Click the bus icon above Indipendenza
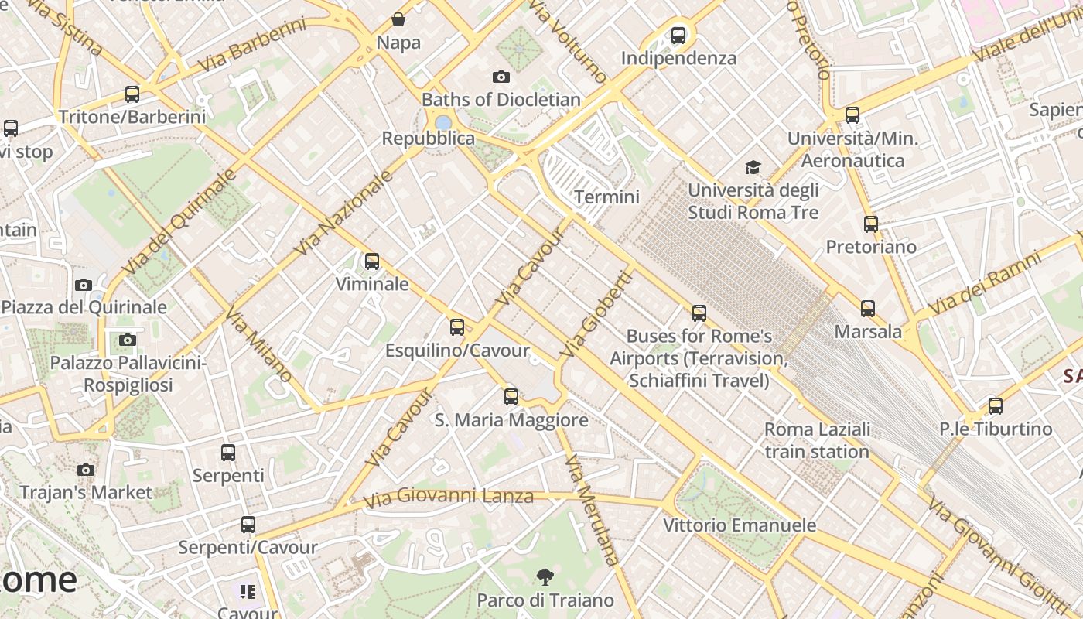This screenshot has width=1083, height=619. coord(678,35)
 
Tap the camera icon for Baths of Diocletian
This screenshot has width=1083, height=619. coord(501,77)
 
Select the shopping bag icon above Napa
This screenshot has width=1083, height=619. coord(398,19)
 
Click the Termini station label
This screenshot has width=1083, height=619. coord(606,197)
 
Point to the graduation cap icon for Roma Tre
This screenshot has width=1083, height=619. coord(753,167)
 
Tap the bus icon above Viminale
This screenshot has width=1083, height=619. coord(372,262)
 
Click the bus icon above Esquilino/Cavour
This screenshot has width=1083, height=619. coord(457,327)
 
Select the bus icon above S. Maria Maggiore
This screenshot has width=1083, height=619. coord(511,397)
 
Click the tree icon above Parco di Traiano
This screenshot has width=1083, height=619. coord(545,576)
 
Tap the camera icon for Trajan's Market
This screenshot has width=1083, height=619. coord(86,470)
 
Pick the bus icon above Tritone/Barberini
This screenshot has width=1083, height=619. coord(132,94)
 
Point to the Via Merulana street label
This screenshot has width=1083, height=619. coord(593,511)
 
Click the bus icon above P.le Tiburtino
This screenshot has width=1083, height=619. coord(996,405)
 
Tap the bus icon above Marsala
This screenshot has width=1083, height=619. coord(868,309)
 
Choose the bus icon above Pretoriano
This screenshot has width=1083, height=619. coord(871,224)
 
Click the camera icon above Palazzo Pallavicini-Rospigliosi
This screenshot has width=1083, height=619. coord(128,340)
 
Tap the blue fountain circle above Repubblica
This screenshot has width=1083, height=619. coord(443,123)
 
